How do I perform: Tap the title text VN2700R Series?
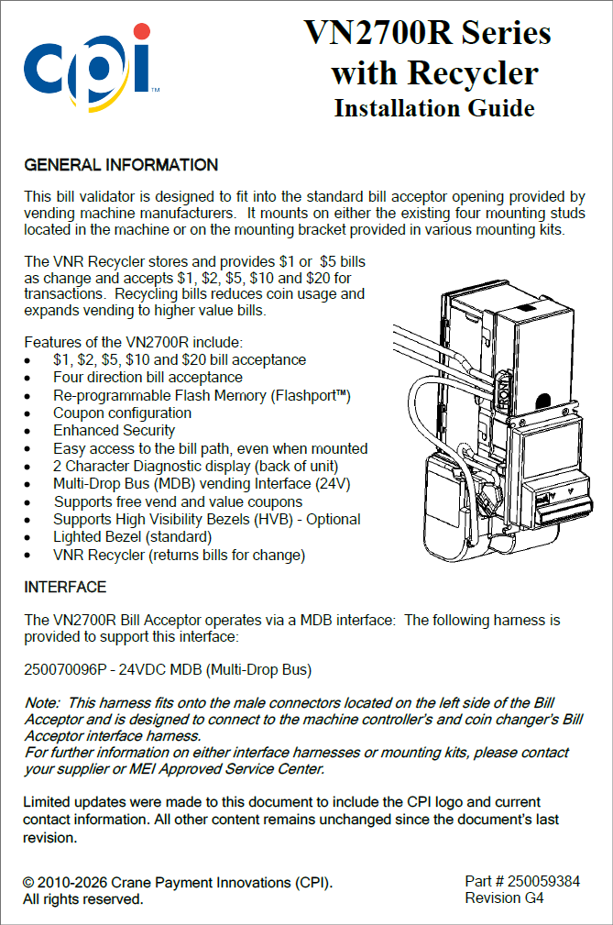pyautogui.click(x=428, y=34)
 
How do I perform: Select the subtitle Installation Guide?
pyautogui.click(x=433, y=108)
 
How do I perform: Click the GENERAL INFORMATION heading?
pyautogui.click(x=121, y=166)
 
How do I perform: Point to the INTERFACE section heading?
pyautogui.click(x=65, y=587)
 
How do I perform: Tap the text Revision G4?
pyautogui.click(x=504, y=898)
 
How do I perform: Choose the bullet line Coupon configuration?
pyautogui.click(x=122, y=413)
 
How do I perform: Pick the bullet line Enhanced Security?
pyautogui.click(x=114, y=431)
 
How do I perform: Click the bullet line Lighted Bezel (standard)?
pyautogui.click(x=132, y=537)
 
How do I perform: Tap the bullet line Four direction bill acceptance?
pyautogui.click(x=148, y=378)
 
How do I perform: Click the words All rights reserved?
pyautogui.click(x=83, y=899)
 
